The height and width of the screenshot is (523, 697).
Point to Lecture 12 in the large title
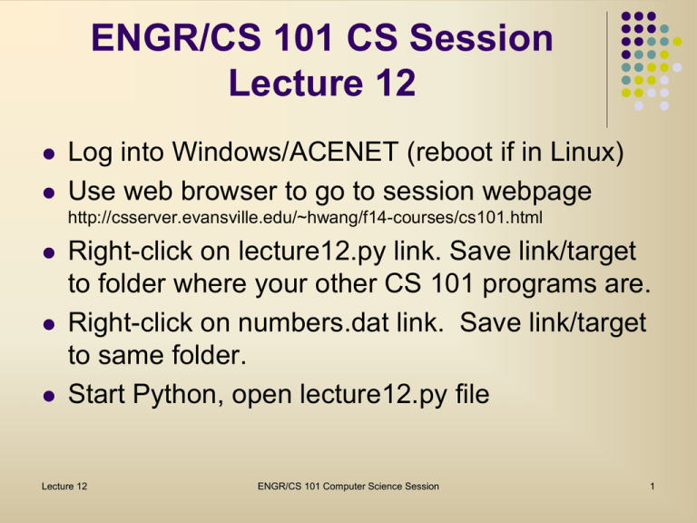click(x=322, y=84)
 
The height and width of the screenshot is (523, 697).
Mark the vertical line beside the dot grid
click(x=606, y=69)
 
